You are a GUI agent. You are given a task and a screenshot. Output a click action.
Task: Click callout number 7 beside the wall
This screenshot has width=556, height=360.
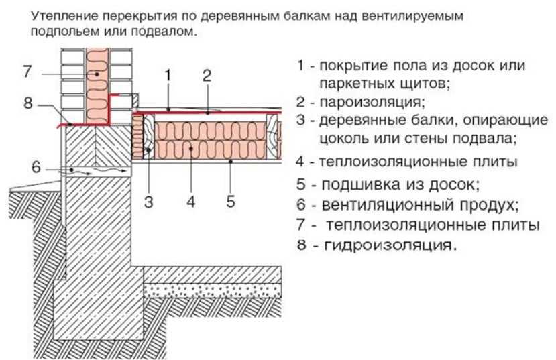tap(27, 71)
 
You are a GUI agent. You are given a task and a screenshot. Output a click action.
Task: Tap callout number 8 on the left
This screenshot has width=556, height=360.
tap(28, 103)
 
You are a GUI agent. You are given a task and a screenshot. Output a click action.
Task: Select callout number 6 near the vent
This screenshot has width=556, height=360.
tap(36, 167)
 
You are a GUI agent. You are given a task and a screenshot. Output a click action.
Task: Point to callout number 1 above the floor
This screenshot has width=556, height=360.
tap(168, 76)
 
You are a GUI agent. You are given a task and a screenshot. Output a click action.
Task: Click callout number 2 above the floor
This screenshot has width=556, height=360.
tap(207, 76)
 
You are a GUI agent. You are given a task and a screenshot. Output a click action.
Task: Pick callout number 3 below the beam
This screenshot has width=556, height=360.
tap(149, 202)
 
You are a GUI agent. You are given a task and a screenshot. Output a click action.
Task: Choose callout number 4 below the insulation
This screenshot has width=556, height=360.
tap(190, 202)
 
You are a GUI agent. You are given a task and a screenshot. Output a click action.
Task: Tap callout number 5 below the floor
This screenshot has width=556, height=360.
tap(231, 201)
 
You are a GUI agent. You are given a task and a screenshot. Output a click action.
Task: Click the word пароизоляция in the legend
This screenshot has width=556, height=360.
tap(372, 102)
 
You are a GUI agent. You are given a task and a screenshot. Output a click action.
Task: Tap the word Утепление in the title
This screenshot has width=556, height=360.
tap(64, 16)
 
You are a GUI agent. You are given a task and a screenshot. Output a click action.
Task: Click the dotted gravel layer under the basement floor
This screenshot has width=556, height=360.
tap(213, 290)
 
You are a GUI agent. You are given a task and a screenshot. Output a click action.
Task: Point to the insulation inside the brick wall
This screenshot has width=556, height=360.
tap(97, 86)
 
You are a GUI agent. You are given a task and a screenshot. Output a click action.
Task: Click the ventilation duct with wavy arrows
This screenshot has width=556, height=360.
tap(97, 171)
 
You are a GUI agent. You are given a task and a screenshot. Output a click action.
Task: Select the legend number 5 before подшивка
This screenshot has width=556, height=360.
tap(301, 184)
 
